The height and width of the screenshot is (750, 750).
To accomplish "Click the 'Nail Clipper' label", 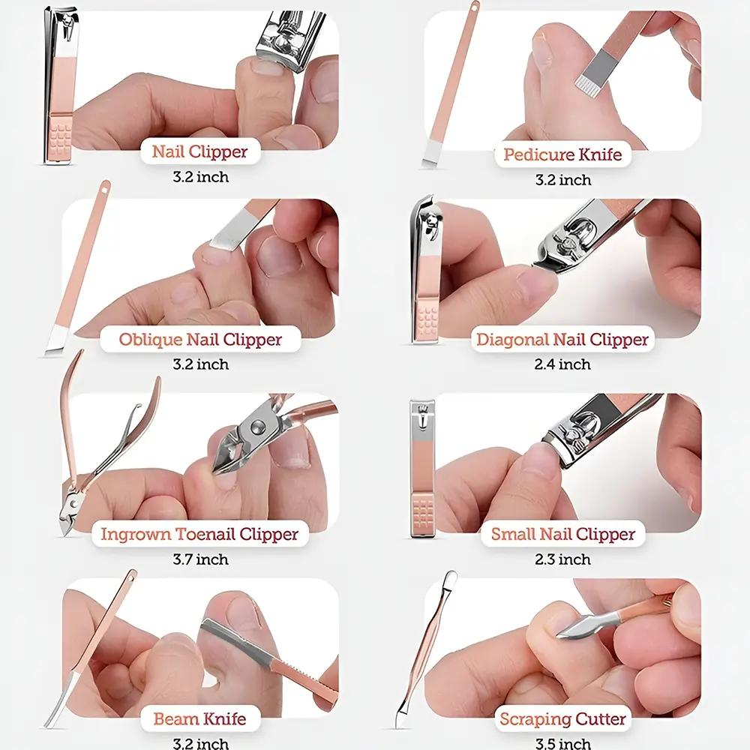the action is [200, 151].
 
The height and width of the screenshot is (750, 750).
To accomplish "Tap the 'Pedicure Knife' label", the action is [562, 154].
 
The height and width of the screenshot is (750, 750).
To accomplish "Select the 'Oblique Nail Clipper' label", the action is [200, 339].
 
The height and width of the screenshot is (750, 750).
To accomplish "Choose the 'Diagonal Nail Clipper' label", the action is [562, 339].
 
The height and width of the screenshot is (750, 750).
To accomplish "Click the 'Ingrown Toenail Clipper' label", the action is [200, 534].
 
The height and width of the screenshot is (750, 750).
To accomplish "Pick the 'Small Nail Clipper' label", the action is [563, 534].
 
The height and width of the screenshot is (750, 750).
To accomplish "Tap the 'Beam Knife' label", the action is [200, 719].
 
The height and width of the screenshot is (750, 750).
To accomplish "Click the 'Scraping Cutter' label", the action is [562, 719].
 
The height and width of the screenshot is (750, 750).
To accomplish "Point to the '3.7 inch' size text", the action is [200, 559].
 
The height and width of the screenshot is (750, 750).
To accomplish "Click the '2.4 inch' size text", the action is [562, 364].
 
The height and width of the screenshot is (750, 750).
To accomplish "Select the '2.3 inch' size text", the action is [562, 559].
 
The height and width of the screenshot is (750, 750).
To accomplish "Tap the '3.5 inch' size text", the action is [562, 744].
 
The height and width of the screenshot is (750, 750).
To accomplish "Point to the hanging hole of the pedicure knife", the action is [475, 6].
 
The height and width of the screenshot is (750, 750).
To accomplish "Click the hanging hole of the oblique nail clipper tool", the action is [105, 189].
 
